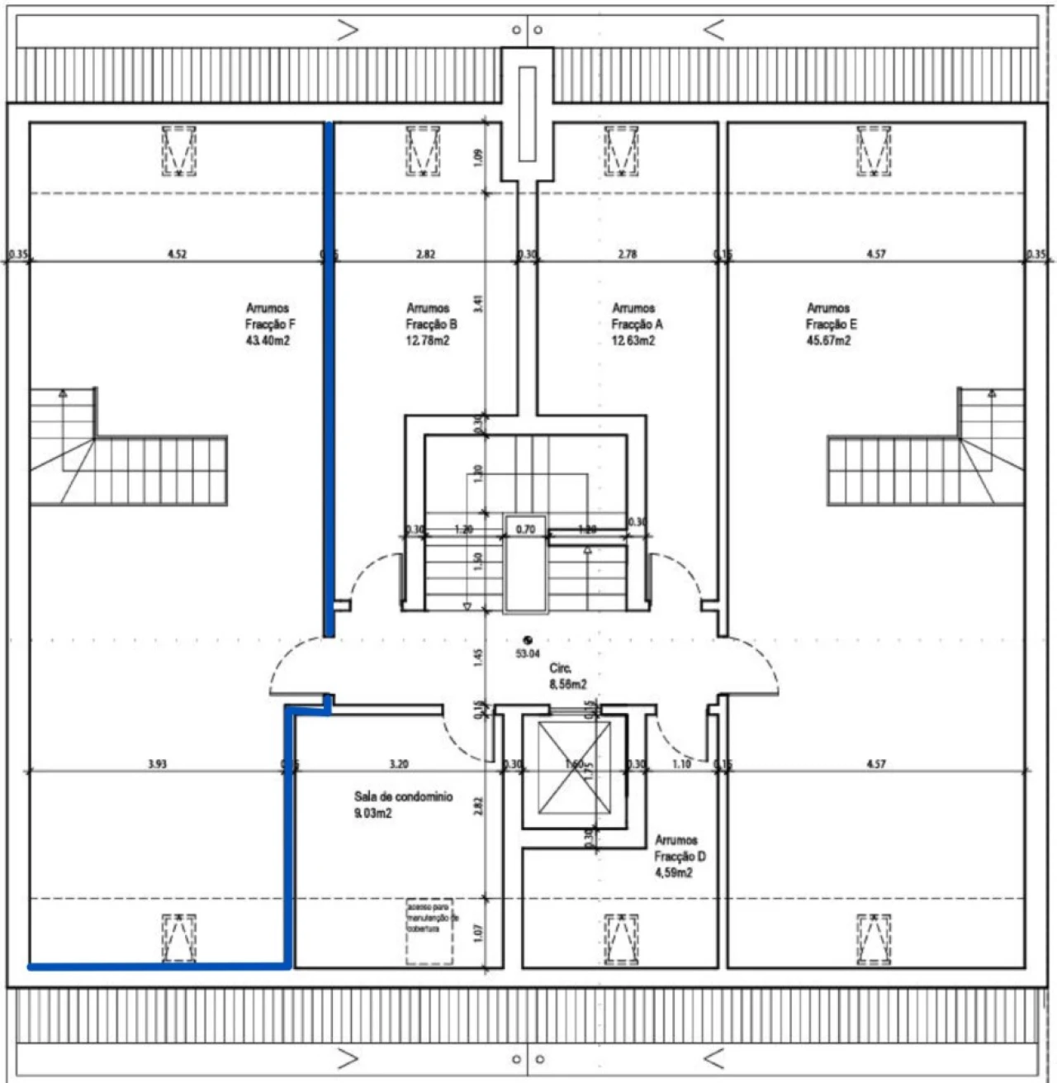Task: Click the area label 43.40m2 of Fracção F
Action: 268,340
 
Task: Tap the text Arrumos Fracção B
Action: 430,316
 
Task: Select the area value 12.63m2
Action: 633,340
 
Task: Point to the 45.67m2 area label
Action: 828,340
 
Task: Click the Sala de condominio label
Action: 403,797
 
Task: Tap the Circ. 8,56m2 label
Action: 567,676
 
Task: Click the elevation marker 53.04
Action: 528,653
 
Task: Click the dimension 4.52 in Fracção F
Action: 177,254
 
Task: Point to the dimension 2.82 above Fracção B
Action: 425,254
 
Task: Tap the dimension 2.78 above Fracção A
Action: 627,254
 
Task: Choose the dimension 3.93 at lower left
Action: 157,764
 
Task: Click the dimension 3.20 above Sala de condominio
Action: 398,764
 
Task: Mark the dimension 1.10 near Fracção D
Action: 681,764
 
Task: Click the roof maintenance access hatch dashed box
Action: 429,932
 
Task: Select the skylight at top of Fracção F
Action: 178,150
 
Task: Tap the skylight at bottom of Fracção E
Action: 874,938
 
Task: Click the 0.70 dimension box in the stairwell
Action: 525,529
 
